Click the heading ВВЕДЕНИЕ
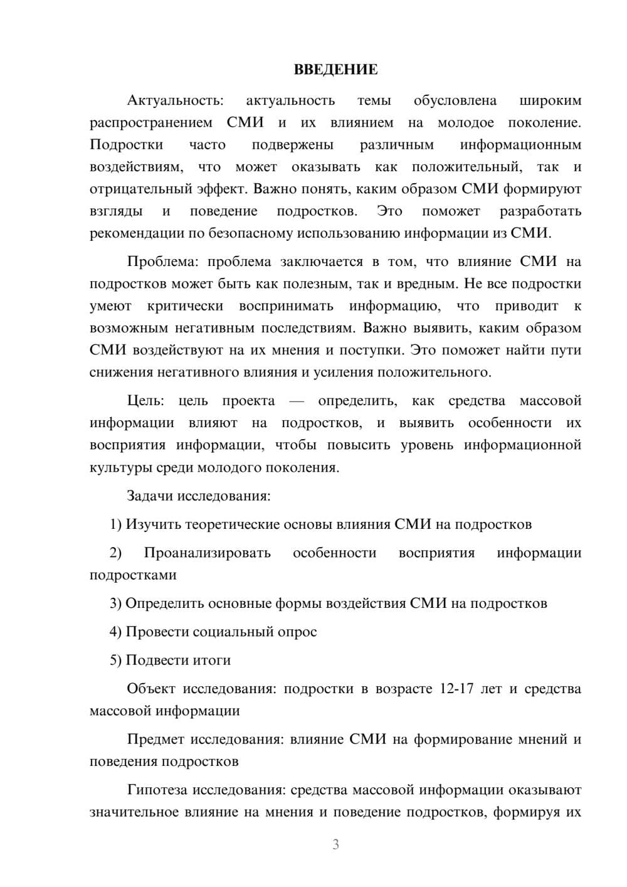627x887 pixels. (x=335, y=70)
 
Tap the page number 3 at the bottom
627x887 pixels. (x=335, y=844)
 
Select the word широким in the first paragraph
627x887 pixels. (x=551, y=100)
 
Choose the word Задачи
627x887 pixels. (x=150, y=496)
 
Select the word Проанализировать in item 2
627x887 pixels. (x=207, y=553)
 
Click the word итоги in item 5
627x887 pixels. (x=213, y=660)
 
